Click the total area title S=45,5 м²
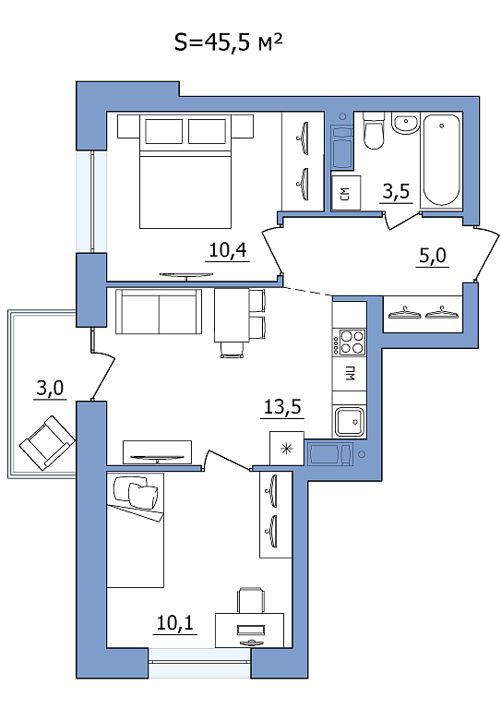coord(228,42)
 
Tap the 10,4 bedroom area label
coord(228,249)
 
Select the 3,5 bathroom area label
coord(396,191)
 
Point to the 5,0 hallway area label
coord(433,256)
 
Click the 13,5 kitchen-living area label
coord(282,407)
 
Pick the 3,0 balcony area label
coord(50,388)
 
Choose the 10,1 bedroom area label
coord(174,623)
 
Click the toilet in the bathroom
coord(373,131)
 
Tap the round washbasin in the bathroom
coord(405,123)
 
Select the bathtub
coord(441,161)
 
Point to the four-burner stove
coord(349,342)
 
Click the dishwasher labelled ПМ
coord(349,374)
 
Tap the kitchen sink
coord(349,421)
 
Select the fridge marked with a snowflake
coord(286,448)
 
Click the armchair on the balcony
coord(47,443)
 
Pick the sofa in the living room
coord(159,311)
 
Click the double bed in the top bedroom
coord(185,171)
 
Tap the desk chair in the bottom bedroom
coord(251,599)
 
